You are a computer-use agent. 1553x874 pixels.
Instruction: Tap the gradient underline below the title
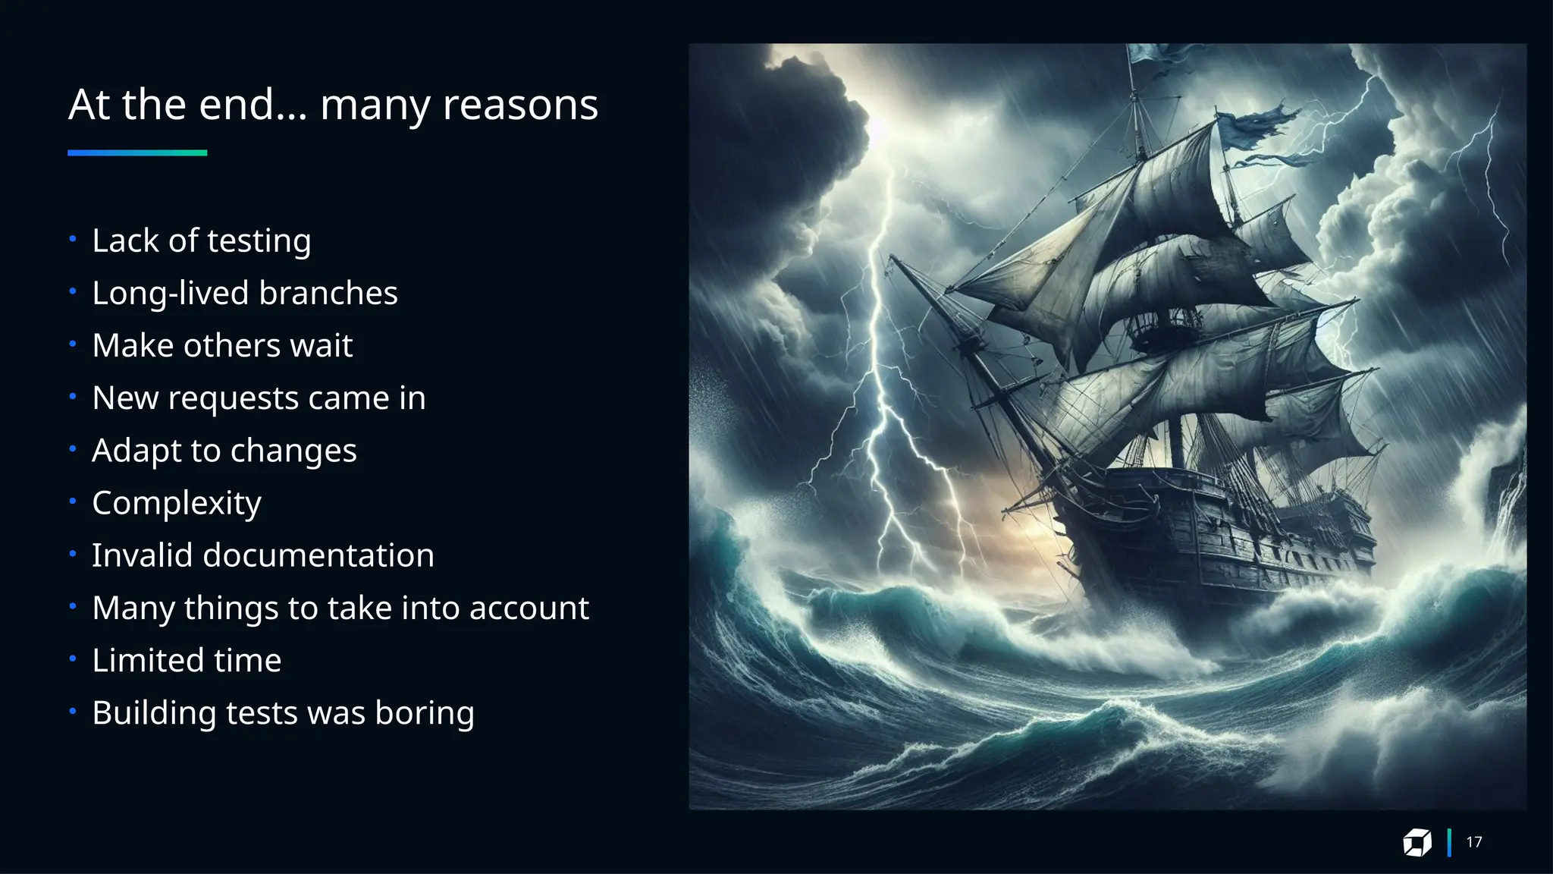pyautogui.click(x=137, y=152)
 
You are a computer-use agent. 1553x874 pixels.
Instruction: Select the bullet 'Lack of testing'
pyautogui.click(x=201, y=241)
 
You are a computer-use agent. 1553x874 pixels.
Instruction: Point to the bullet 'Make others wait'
pyautogui.click(x=222, y=346)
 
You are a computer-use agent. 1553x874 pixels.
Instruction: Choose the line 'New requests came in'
pyautogui.click(x=259, y=398)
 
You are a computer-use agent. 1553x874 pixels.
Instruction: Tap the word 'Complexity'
pyautogui.click(x=177, y=504)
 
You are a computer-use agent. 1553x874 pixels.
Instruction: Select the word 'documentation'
pyautogui.click(x=318, y=555)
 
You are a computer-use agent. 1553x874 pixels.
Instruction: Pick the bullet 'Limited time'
pyautogui.click(x=187, y=660)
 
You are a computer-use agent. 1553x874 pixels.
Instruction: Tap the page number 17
pyautogui.click(x=1473, y=842)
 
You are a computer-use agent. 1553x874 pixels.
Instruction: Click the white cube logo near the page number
pyautogui.click(x=1417, y=842)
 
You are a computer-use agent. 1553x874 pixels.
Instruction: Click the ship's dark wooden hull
pyautogui.click(x=1213, y=531)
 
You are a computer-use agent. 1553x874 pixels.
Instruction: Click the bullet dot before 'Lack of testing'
pyautogui.click(x=73, y=240)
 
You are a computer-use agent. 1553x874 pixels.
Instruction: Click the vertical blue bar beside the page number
pyautogui.click(x=1449, y=842)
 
